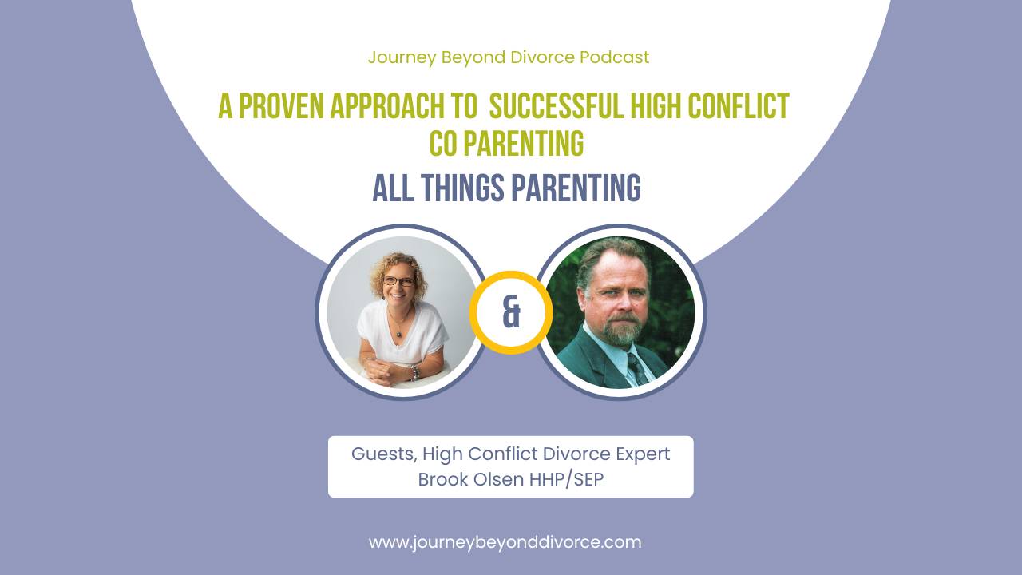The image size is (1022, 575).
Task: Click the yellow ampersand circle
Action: pyautogui.click(x=511, y=312)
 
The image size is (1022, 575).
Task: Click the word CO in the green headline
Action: pyautogui.click(x=445, y=144)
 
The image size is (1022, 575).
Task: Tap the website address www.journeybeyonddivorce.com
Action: pyautogui.click(x=505, y=542)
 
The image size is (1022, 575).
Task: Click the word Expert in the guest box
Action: pyautogui.click(x=638, y=454)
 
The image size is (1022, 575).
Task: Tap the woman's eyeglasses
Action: pyautogui.click(x=398, y=281)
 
